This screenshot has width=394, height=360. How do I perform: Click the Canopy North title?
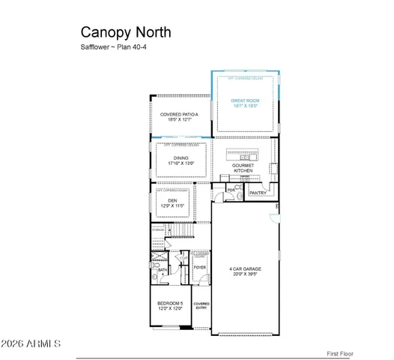125,32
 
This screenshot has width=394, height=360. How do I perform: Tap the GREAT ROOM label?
244,103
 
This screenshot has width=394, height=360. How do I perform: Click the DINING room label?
181,160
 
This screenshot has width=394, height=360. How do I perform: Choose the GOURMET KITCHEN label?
243,168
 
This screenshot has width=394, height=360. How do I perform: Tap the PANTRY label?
258,193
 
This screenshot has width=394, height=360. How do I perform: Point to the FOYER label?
200,267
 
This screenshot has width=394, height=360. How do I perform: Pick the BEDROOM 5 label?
170,305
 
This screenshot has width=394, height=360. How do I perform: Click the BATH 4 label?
162,271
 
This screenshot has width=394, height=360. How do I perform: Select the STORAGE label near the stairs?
159,229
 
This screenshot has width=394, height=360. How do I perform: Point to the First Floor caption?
339,353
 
